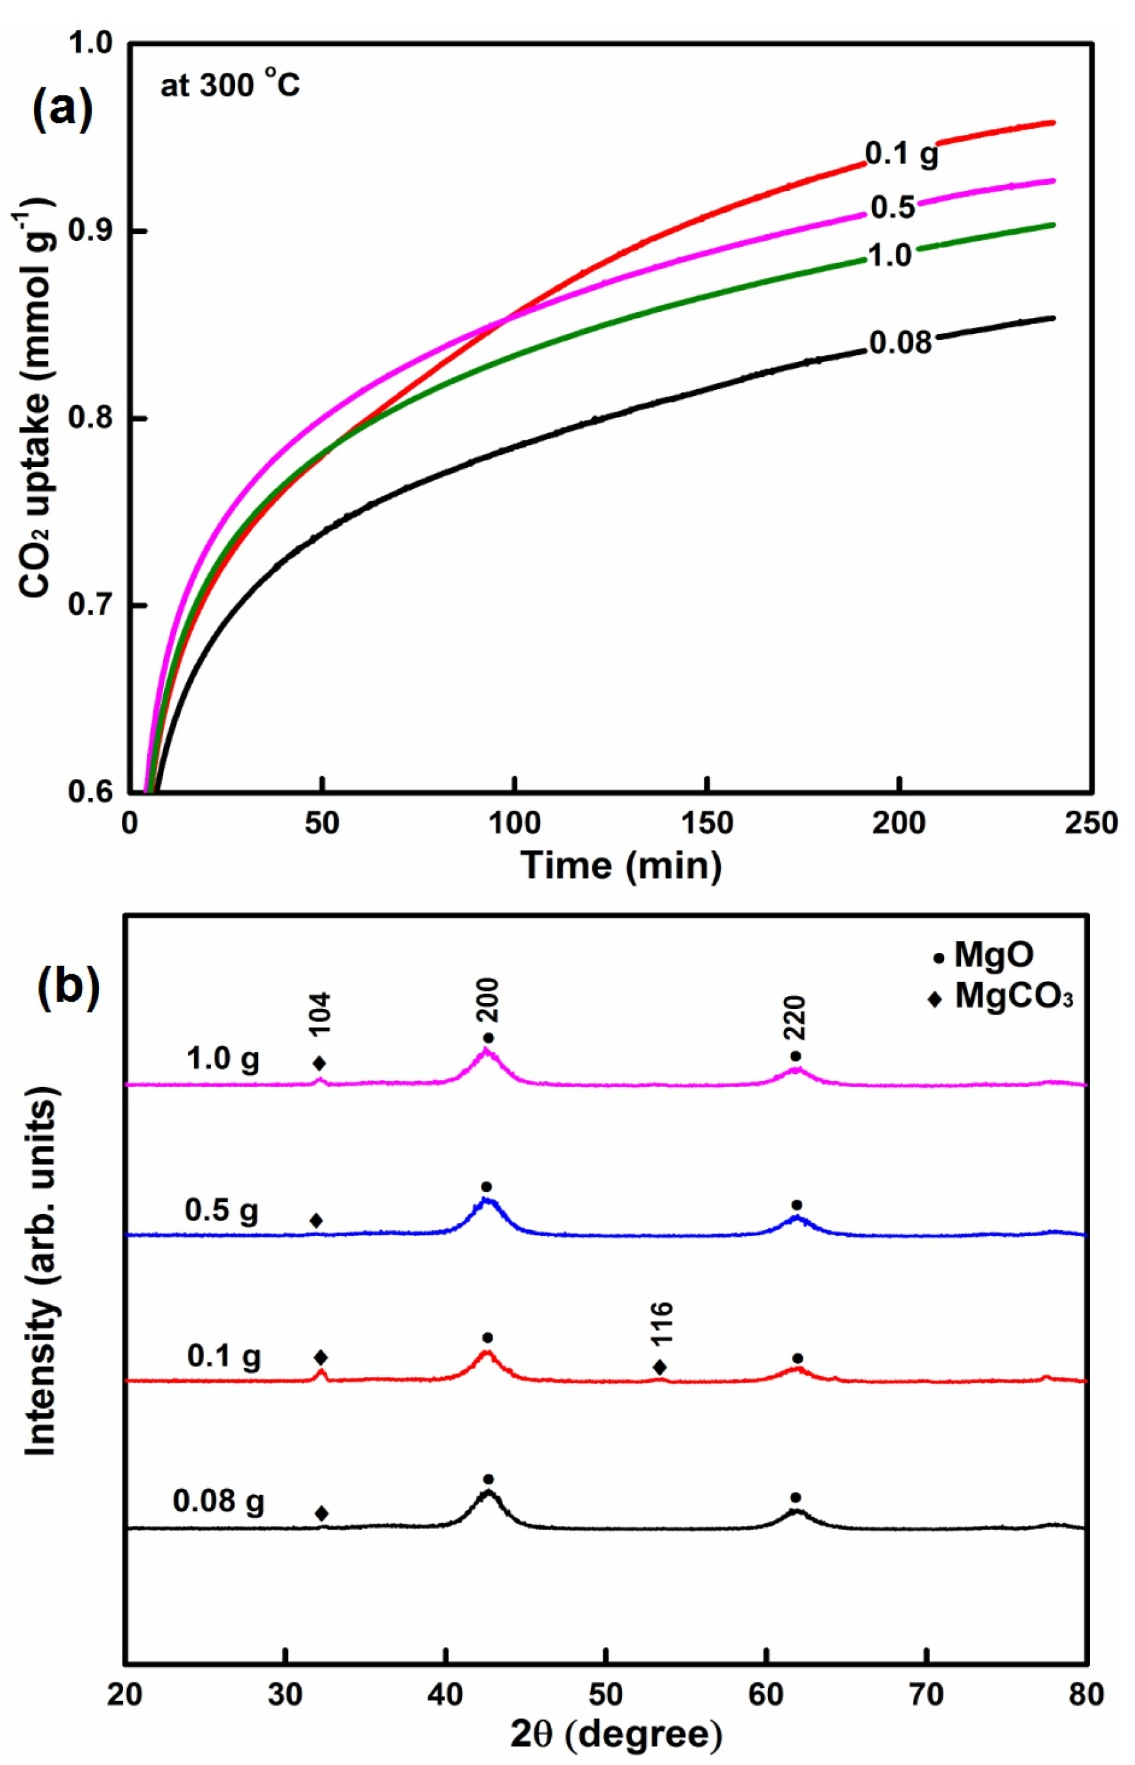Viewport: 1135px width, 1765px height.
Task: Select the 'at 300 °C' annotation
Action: [230, 86]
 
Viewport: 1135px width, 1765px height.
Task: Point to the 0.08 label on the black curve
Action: [900, 343]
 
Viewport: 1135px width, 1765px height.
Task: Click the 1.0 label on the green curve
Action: [889, 255]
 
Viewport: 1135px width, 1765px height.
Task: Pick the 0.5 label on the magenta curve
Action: [893, 208]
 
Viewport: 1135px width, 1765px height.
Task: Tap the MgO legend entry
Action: [983, 957]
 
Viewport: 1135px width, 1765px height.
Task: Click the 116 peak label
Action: [662, 1323]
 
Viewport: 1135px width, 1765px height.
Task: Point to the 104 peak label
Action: [321, 1015]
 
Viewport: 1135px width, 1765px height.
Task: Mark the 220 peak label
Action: [796, 1018]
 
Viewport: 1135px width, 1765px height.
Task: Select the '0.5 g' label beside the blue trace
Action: [222, 1210]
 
